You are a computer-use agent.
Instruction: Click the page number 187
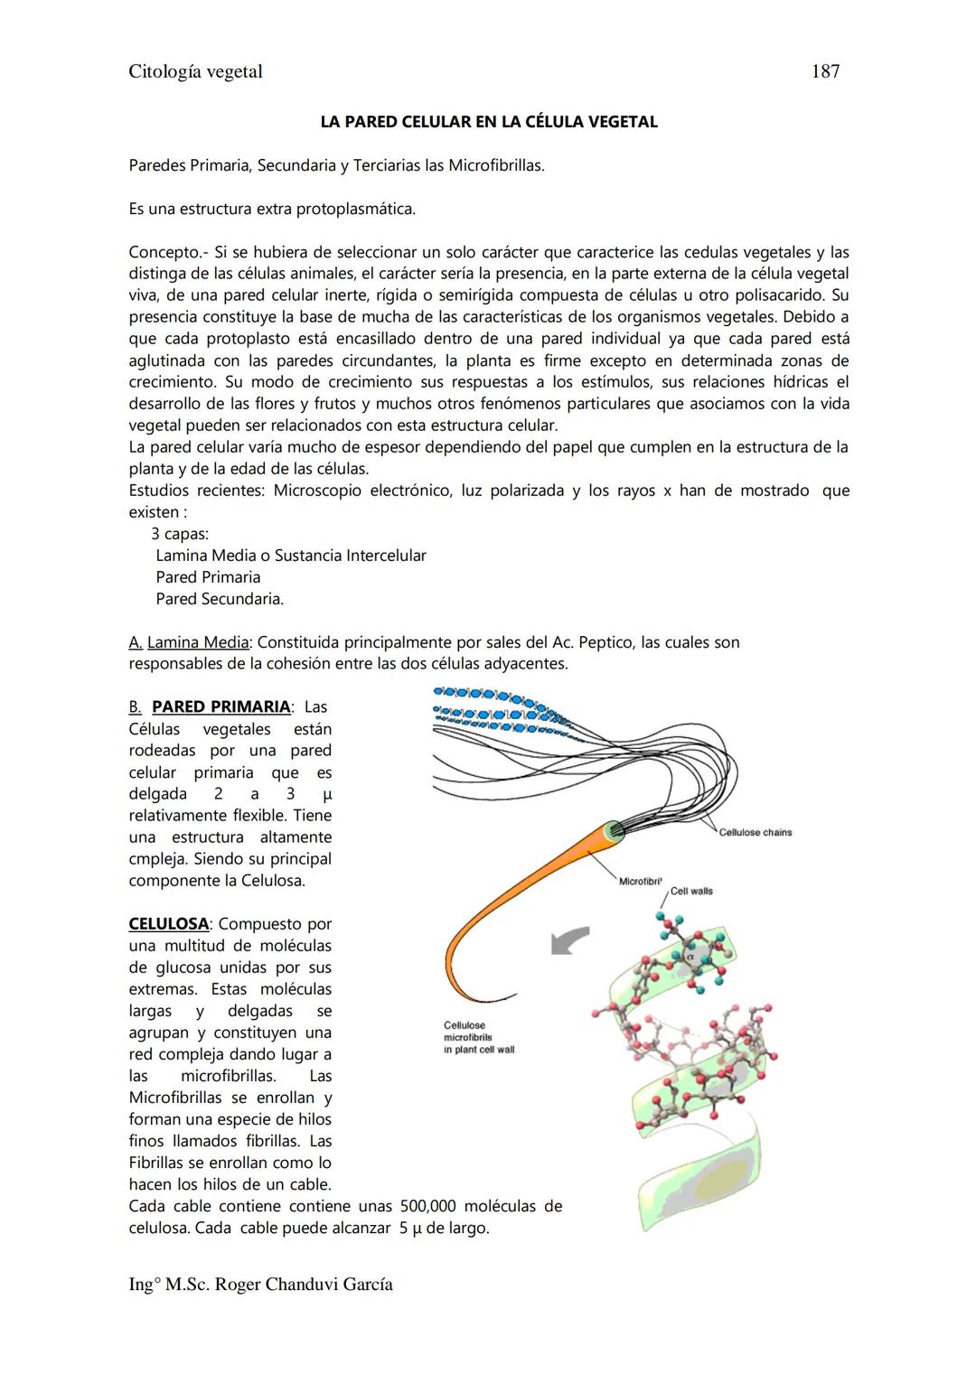pyautogui.click(x=825, y=71)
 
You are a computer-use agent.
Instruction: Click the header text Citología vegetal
pyautogui.click(x=195, y=71)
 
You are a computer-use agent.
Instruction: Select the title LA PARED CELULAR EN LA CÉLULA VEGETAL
pyautogui.click(x=488, y=122)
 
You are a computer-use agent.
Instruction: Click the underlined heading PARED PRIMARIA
pyautogui.click(x=221, y=706)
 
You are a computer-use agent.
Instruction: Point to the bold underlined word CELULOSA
pyautogui.click(x=168, y=924)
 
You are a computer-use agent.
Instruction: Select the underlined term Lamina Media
pyautogui.click(x=197, y=642)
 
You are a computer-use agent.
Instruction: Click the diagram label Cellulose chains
pyautogui.click(x=755, y=832)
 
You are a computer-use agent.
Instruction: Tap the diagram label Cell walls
pyautogui.click(x=691, y=891)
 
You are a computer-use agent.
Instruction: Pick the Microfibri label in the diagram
pyautogui.click(x=640, y=881)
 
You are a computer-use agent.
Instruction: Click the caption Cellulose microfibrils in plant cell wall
pyautogui.click(x=478, y=1037)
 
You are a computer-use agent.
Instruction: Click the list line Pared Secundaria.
pyautogui.click(x=219, y=599)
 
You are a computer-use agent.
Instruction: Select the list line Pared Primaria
pyautogui.click(x=208, y=577)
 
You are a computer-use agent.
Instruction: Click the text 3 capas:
pyautogui.click(x=179, y=534)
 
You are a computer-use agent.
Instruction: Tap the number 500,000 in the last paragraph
pyautogui.click(x=427, y=1206)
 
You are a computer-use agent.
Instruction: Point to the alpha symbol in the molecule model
pyautogui.click(x=690, y=955)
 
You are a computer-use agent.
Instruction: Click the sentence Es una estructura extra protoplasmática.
pyautogui.click(x=272, y=209)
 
